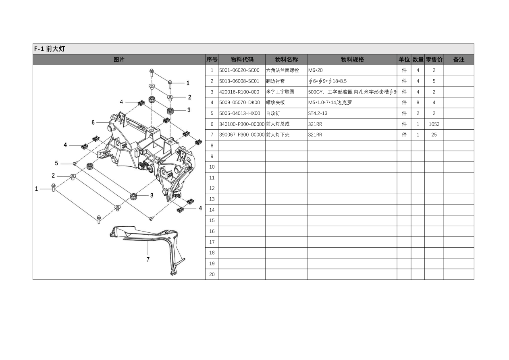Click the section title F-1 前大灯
point(50,49)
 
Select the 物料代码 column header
point(242,60)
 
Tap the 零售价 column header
point(434,60)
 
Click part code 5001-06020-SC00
point(239,70)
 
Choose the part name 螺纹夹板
point(275,103)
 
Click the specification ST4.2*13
point(318,113)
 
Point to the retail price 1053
point(434,124)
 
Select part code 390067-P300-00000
point(242,135)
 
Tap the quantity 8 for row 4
point(418,103)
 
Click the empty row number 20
point(212,274)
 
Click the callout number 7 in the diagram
point(148,259)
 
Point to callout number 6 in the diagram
point(93,122)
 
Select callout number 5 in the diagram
point(56,163)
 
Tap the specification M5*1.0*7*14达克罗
point(330,103)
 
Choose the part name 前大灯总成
point(278,124)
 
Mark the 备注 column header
point(459,60)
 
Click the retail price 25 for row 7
point(434,135)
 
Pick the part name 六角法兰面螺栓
point(283,70)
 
